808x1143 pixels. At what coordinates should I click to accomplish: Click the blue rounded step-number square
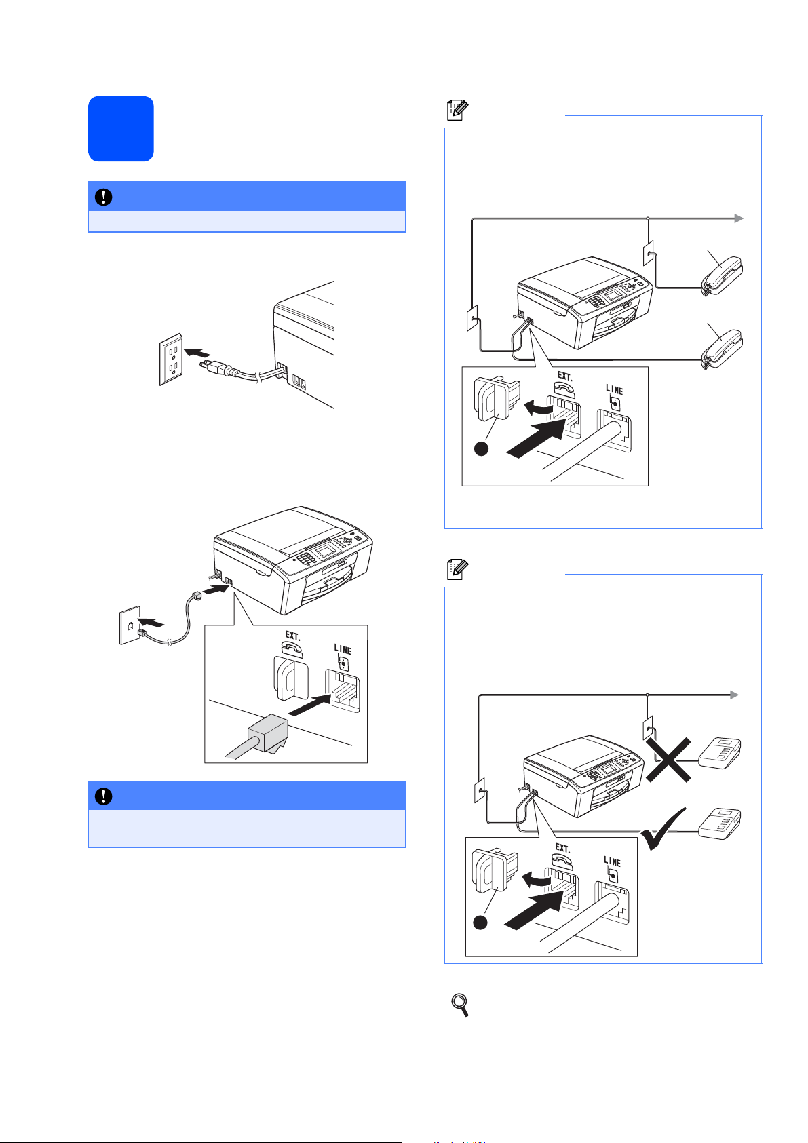pos(121,129)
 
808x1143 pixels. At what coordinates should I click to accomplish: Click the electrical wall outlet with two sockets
pos(172,359)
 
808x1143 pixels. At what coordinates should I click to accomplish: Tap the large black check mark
pos(668,830)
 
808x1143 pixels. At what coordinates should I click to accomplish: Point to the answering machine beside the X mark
pos(720,752)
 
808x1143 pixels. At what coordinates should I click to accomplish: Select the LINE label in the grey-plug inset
pos(343,650)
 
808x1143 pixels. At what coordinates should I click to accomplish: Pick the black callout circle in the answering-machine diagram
pos(481,922)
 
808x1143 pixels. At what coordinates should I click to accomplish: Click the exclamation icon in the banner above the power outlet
pos(104,197)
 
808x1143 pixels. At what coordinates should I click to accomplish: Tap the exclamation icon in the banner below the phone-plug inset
pos(104,796)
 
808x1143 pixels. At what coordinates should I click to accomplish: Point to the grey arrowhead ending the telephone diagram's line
pos(739,218)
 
